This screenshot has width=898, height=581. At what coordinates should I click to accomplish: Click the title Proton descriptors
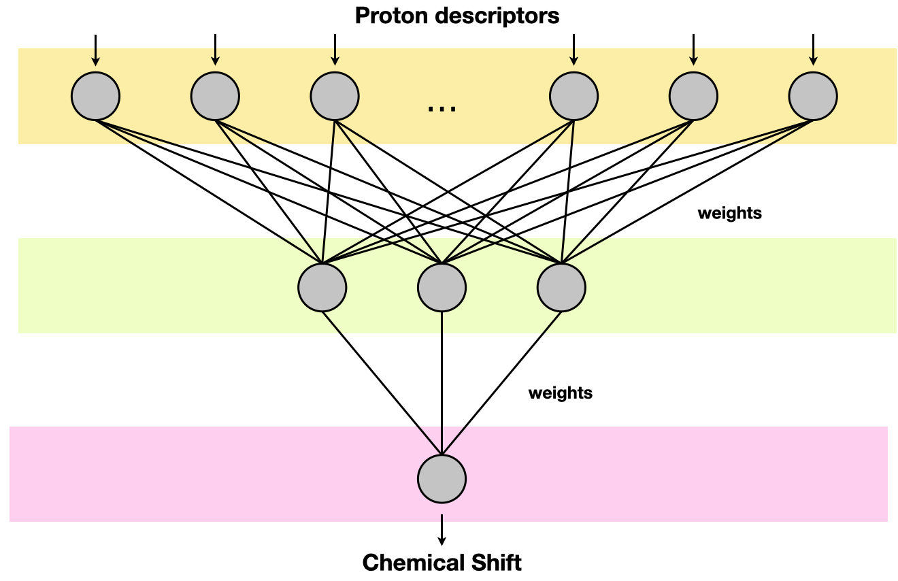coord(456,16)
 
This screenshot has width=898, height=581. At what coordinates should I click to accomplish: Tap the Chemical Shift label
coord(442,563)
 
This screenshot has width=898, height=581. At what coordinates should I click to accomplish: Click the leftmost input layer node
coord(95,96)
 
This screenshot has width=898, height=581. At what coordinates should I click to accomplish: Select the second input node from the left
coord(215,96)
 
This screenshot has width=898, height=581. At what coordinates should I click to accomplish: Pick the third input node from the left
coord(335,96)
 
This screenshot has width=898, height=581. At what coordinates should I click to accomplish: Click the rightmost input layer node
coord(813,96)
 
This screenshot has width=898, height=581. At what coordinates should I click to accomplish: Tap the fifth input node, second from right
coord(693,96)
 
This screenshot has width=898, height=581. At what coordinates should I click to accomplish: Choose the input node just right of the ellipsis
coord(573,96)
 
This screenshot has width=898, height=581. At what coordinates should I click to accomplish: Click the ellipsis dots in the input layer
coord(442,107)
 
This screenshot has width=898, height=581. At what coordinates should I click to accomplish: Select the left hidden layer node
coord(322,287)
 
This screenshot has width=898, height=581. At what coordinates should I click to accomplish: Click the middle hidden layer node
coord(442,287)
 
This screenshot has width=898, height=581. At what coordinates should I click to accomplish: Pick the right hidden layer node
coord(561,287)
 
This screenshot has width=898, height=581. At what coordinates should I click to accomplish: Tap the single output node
coord(442,479)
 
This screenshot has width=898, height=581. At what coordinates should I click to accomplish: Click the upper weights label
coord(729,214)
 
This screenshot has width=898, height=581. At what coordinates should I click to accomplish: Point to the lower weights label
coord(560,393)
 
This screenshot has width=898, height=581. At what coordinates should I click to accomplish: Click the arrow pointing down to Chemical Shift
coord(442,530)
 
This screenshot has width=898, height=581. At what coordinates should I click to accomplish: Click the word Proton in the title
coord(390,16)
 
